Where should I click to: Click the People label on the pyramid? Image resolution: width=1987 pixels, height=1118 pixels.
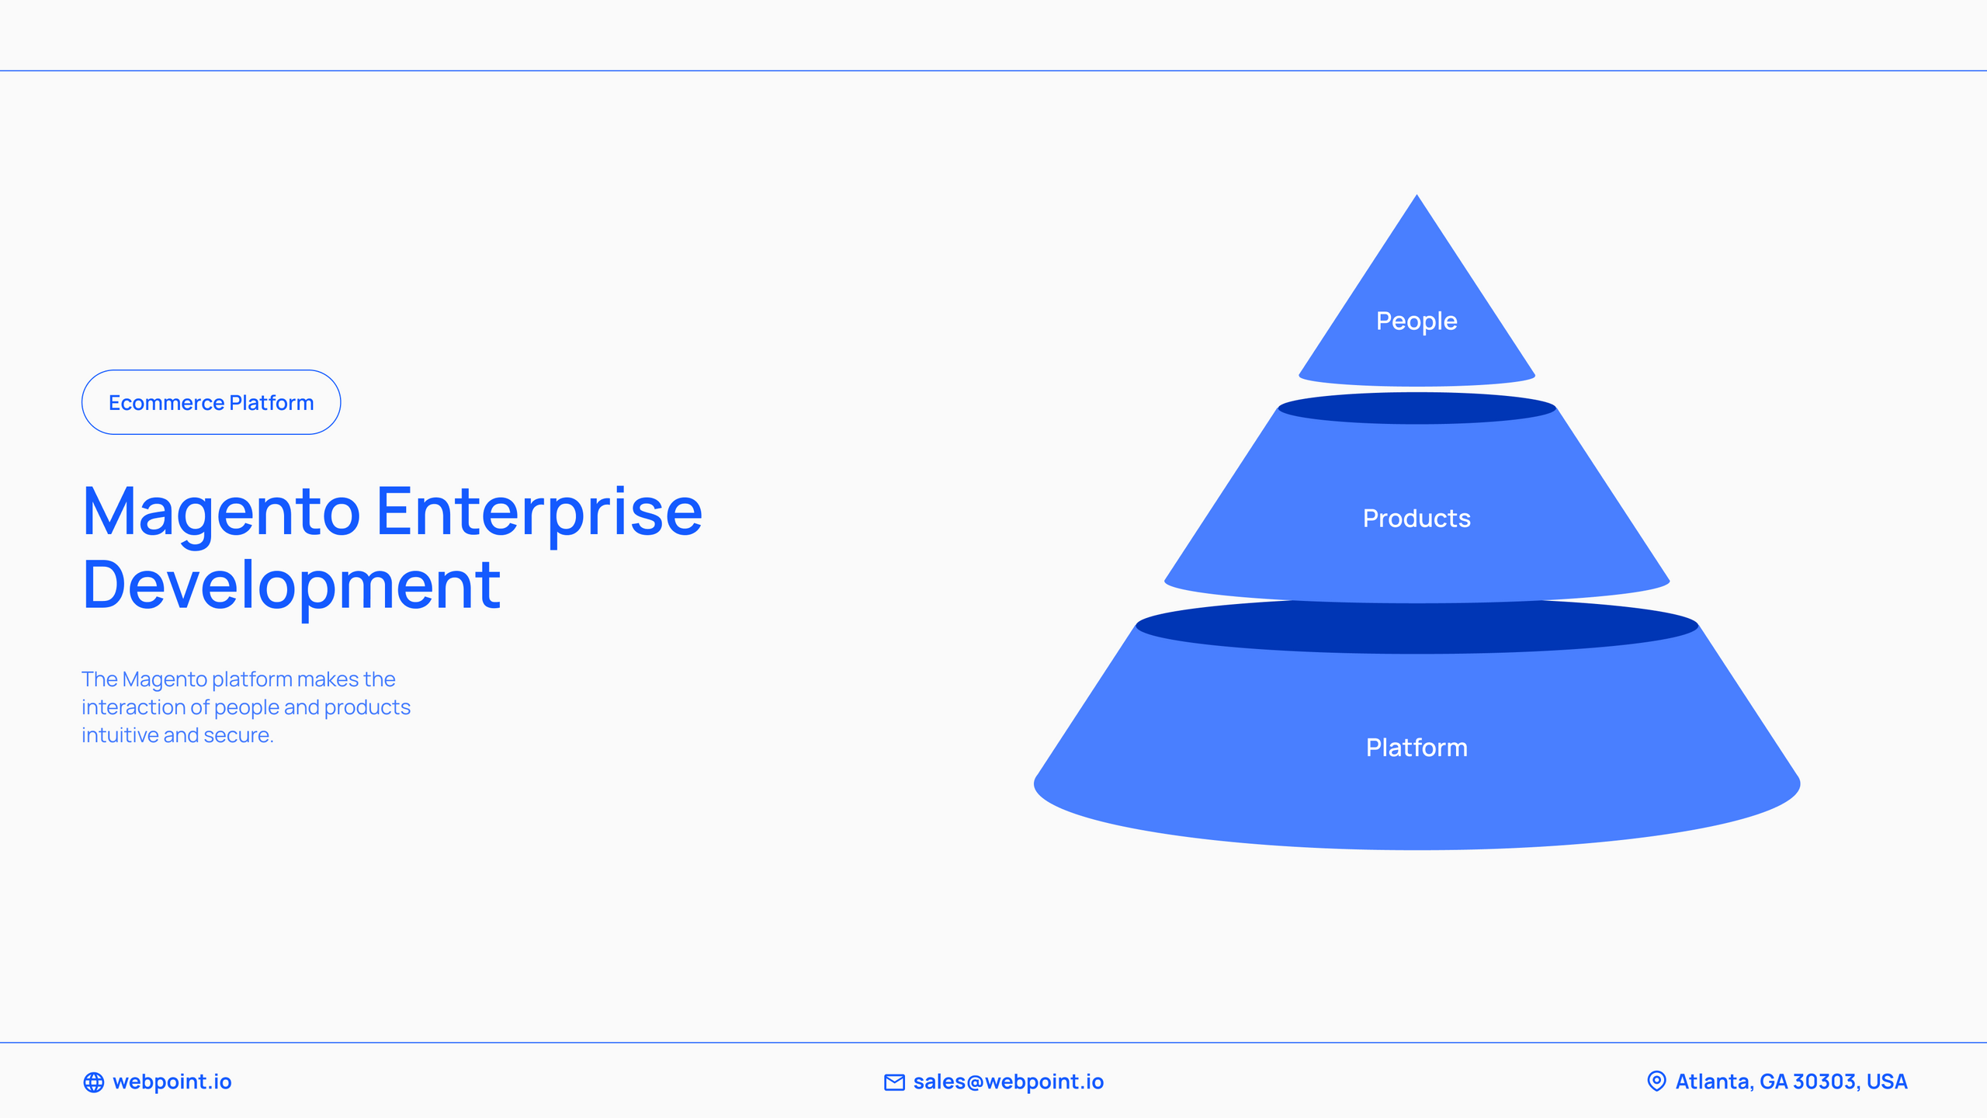1417,321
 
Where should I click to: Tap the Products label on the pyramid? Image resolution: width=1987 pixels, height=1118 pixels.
1417,518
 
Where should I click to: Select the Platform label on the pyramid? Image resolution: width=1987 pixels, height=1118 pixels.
1417,748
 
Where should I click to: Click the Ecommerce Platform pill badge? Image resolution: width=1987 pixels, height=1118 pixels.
211,402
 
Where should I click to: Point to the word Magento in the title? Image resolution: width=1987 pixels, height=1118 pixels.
222,512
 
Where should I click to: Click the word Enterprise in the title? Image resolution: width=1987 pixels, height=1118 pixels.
540,512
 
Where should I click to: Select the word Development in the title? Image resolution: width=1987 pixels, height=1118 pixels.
291,585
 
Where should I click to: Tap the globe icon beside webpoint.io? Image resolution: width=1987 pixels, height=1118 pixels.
94,1082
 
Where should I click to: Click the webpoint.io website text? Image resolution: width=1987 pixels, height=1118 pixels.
172,1082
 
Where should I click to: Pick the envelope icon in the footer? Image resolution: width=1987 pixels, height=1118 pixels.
894,1082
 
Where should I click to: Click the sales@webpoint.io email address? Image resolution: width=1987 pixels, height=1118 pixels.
1008,1082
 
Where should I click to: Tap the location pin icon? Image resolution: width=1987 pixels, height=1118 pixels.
1656,1082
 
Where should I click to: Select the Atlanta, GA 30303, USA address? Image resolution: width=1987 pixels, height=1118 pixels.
1791,1082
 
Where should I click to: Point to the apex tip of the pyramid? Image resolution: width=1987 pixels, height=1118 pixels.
1417,195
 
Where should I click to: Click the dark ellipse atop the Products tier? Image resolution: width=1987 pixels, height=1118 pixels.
1417,408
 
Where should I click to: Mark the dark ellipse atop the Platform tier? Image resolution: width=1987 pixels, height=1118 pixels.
1417,626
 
